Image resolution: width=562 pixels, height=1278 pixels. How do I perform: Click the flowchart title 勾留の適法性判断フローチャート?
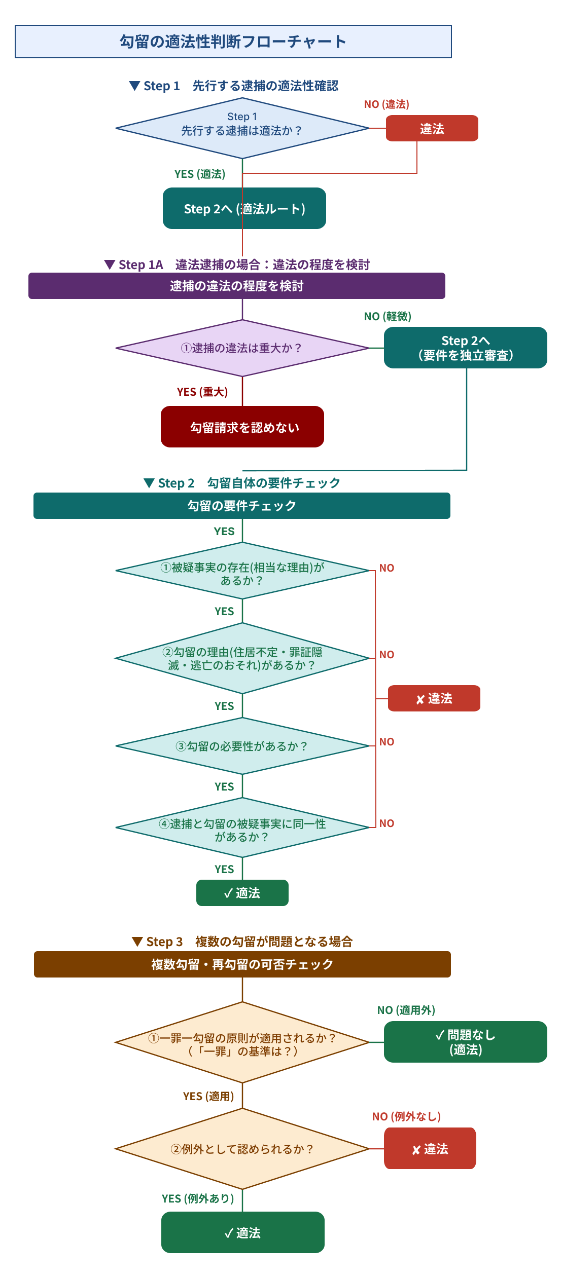pyautogui.click(x=233, y=42)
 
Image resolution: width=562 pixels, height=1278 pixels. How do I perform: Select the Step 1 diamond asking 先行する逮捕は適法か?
pyautogui.click(x=242, y=128)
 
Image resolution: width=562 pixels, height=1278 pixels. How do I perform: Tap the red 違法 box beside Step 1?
pyautogui.click(x=432, y=128)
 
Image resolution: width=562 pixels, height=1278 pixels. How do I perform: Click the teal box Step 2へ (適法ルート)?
pyautogui.click(x=244, y=208)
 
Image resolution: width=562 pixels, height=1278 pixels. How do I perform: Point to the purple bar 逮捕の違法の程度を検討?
pyautogui.click(x=236, y=286)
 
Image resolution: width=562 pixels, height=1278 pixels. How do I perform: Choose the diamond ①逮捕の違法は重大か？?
pyautogui.click(x=242, y=348)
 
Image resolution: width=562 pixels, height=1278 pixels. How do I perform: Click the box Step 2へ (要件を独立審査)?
pyautogui.click(x=465, y=348)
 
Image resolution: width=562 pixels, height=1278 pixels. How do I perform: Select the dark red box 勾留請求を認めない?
pyautogui.click(x=242, y=427)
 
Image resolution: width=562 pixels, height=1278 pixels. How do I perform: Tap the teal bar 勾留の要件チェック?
pyautogui.click(x=241, y=506)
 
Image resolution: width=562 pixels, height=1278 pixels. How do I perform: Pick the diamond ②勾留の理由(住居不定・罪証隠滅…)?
pyautogui.click(x=242, y=658)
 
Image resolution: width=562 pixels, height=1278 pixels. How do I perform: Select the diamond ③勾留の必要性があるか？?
pyautogui.click(x=242, y=746)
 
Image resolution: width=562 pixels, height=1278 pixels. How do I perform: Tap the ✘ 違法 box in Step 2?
pyautogui.click(x=434, y=698)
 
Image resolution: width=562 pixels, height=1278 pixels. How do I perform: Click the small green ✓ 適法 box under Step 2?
pyautogui.click(x=242, y=893)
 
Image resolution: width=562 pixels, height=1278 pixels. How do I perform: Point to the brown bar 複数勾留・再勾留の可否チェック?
pyautogui.click(x=242, y=964)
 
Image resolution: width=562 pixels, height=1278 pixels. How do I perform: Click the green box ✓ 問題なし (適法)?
pyautogui.click(x=465, y=1042)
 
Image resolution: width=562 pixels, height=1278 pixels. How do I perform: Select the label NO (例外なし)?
pyautogui.click(x=406, y=1116)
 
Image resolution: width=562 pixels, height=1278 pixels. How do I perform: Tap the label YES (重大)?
pyautogui.click(x=202, y=392)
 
